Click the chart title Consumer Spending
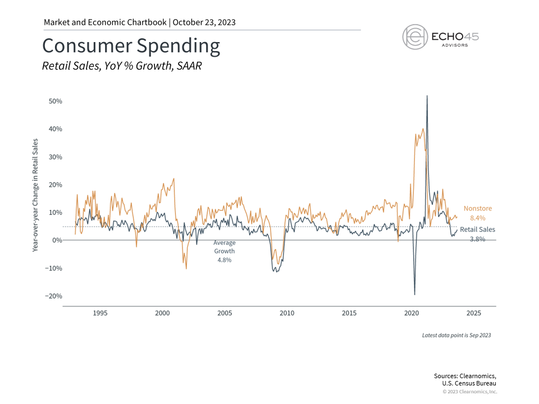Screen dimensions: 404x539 [x=131, y=46]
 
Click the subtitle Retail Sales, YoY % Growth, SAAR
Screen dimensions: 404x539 [x=122, y=66]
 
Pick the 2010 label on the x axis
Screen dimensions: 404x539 [x=287, y=313]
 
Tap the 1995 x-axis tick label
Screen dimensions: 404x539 [x=100, y=313]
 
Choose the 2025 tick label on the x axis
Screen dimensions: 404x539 [x=473, y=313]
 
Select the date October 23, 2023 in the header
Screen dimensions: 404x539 [x=204, y=22]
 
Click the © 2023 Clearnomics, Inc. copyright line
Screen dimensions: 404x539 [x=469, y=392]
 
